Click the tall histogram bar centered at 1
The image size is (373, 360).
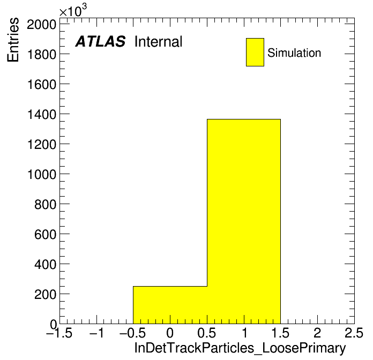point(244,221)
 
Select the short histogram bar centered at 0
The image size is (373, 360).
point(170,305)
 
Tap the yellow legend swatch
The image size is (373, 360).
point(255,52)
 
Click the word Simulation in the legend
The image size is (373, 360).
point(294,53)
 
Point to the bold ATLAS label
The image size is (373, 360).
point(100,41)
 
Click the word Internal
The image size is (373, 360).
point(159,41)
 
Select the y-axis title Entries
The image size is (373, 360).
point(13,40)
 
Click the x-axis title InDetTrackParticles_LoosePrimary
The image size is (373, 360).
point(240,348)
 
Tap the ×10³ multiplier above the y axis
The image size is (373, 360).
point(73,11)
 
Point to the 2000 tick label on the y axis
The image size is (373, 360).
point(42,24)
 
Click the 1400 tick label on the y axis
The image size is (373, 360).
point(42,114)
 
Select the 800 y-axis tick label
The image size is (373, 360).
point(45,204)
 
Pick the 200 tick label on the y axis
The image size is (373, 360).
point(45,294)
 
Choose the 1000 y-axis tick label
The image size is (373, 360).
point(42,174)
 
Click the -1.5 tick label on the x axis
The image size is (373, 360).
point(59,333)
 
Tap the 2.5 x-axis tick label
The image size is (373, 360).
point(354,333)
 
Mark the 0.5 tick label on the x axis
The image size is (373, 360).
point(207,333)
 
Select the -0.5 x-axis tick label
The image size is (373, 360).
point(133,333)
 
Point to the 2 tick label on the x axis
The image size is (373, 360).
point(317,333)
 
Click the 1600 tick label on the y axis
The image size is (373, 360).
point(42,85)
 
